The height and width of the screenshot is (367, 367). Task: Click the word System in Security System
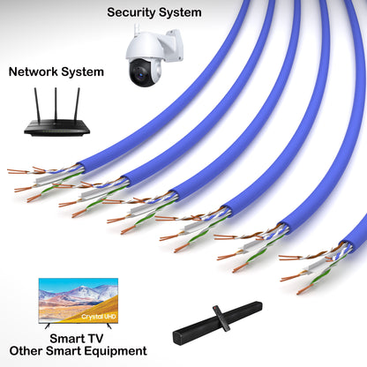(x=181, y=12)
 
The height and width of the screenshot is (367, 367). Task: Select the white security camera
(x=153, y=58)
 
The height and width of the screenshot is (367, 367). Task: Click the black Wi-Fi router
(x=56, y=124)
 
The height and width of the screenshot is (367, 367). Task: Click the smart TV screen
(x=78, y=301)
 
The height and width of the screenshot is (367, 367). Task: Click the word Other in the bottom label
(x=28, y=350)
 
